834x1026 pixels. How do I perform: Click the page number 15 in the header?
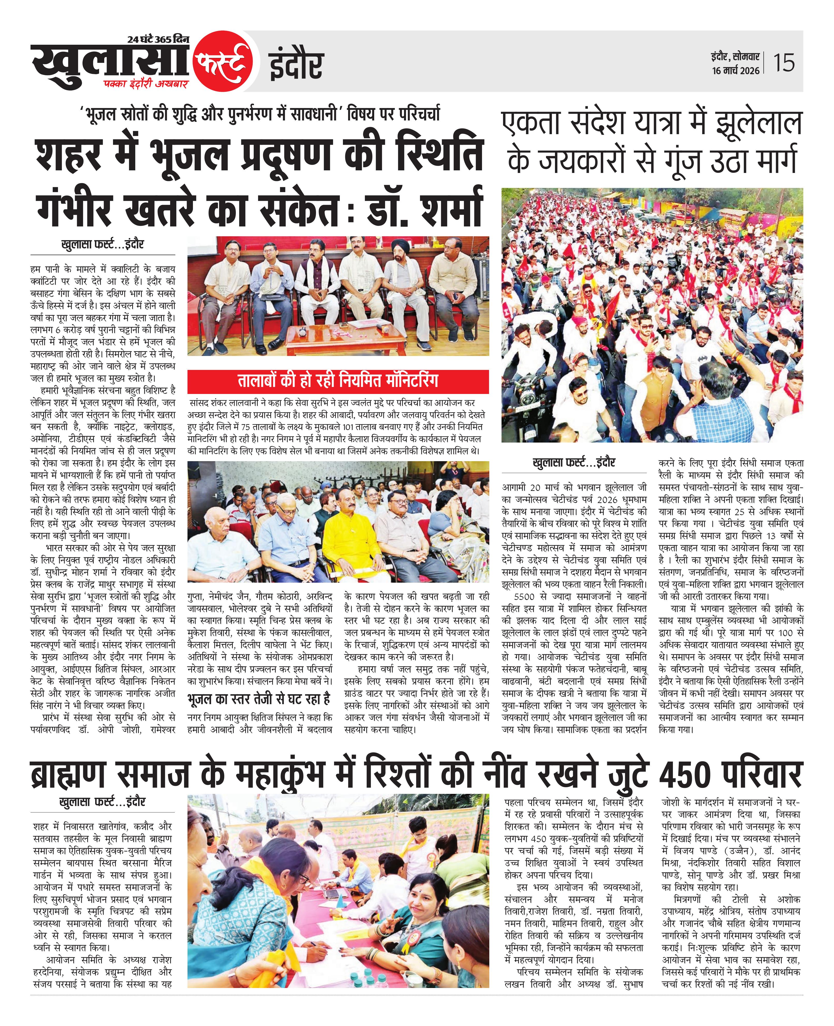[784, 63]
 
